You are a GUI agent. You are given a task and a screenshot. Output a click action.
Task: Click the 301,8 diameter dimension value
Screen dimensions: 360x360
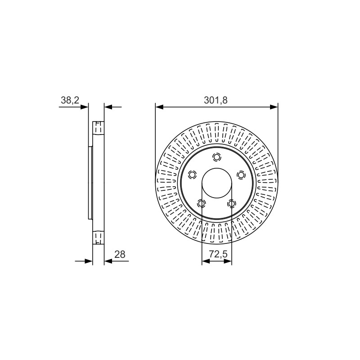point(216,100)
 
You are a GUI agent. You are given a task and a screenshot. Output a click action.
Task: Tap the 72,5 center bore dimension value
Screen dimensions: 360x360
point(218,254)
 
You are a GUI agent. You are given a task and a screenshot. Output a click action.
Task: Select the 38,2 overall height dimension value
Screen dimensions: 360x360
point(70,100)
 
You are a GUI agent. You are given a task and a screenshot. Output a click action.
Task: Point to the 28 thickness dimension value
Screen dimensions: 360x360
point(120,254)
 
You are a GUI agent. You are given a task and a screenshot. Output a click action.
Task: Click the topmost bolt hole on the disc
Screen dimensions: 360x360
point(216,157)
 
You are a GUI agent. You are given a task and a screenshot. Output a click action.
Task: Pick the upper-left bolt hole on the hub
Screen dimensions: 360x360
point(192,175)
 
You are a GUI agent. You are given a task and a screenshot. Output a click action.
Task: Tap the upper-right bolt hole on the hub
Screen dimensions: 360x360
point(241,175)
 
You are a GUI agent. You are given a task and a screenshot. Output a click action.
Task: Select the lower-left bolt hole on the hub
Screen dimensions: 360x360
point(201,203)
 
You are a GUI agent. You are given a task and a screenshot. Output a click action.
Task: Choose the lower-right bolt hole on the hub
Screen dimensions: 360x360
point(231,203)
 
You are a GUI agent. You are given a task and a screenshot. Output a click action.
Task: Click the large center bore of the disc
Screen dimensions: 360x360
point(216,183)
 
